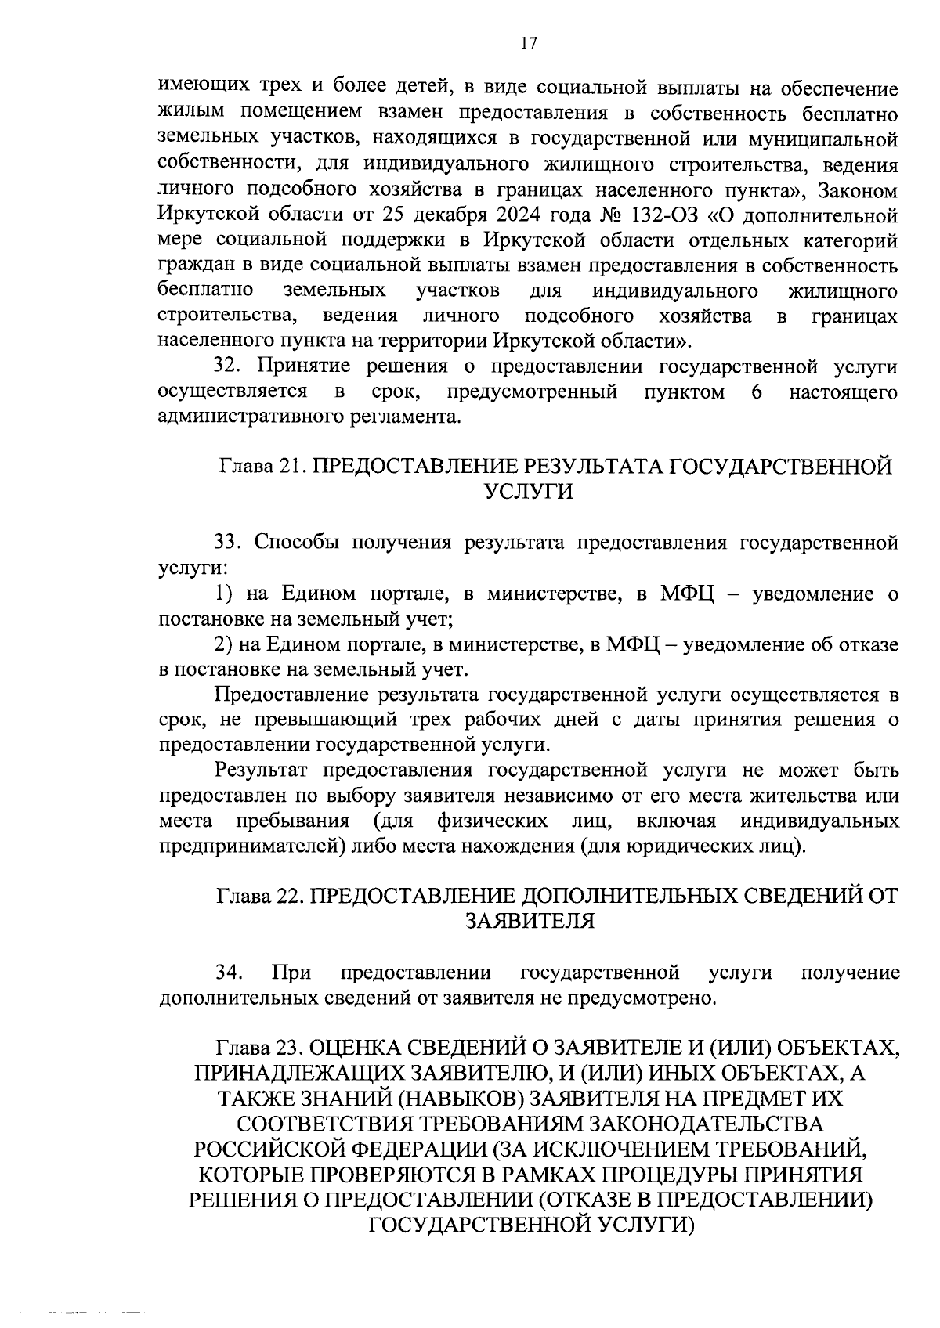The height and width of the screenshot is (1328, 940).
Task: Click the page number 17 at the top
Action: [x=528, y=43]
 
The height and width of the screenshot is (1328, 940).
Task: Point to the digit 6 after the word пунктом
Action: [x=756, y=392]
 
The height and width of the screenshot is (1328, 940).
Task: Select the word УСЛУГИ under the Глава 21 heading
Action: [x=528, y=492]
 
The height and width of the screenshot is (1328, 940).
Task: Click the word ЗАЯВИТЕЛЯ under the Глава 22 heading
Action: [x=530, y=921]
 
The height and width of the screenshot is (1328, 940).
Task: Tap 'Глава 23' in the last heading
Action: [x=259, y=1048]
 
